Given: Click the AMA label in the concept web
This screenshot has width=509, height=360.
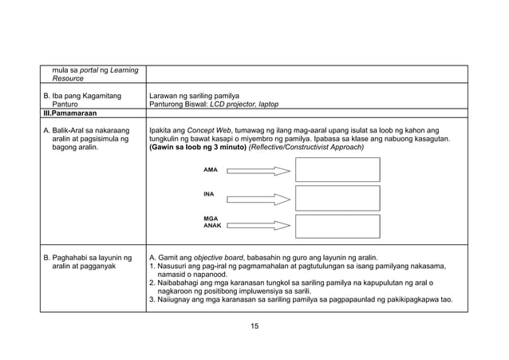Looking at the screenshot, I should [211, 170].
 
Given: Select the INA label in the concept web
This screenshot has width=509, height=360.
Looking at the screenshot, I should [209, 194].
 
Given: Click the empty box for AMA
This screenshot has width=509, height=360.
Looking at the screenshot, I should [337, 170].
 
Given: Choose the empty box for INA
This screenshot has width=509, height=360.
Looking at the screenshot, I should [337, 197].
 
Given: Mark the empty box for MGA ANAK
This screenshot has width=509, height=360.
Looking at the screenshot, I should [337, 225].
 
